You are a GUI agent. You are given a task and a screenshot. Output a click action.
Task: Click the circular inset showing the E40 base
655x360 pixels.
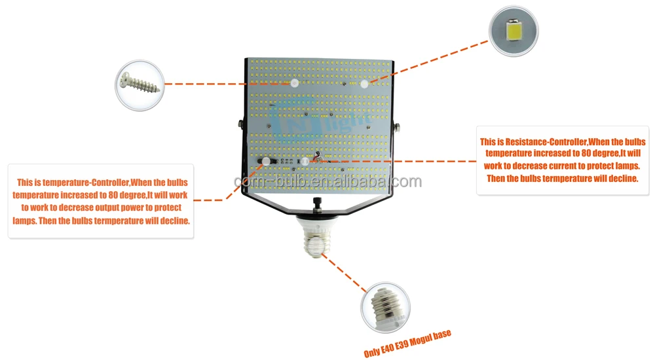point(385,307)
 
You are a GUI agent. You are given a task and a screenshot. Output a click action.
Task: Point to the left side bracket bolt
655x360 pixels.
point(240,123)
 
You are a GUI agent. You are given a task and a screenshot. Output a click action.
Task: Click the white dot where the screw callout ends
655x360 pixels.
point(295,84)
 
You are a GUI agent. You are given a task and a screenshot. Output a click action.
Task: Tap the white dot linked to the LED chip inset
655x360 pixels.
point(364,84)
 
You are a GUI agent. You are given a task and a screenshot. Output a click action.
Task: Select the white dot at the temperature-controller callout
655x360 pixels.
point(267,161)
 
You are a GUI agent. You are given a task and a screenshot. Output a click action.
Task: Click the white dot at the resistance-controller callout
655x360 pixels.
point(305,160)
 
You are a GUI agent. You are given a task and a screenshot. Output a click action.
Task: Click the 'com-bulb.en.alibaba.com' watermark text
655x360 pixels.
point(327,181)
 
